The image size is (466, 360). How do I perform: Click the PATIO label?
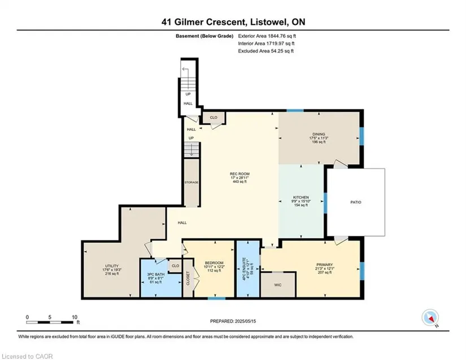(356, 202)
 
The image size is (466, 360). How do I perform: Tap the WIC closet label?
(277, 285)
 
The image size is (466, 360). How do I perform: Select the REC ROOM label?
(239, 174)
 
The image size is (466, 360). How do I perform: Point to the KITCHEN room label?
(300, 197)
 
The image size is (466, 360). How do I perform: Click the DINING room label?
(319, 134)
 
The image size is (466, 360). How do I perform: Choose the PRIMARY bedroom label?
(325, 265)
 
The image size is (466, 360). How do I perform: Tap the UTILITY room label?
(112, 266)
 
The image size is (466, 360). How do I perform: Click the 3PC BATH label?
(156, 275)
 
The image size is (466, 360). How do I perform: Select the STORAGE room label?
(191, 182)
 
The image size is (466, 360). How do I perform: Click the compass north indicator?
(430, 318)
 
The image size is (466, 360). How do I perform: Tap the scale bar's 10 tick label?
(75, 317)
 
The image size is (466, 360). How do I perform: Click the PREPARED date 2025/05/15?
(245, 321)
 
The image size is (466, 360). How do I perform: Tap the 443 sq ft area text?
(239, 182)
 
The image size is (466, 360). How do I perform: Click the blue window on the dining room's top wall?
(295, 111)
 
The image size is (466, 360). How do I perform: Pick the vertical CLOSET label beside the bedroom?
(188, 278)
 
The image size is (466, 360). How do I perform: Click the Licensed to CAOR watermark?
(27, 357)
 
